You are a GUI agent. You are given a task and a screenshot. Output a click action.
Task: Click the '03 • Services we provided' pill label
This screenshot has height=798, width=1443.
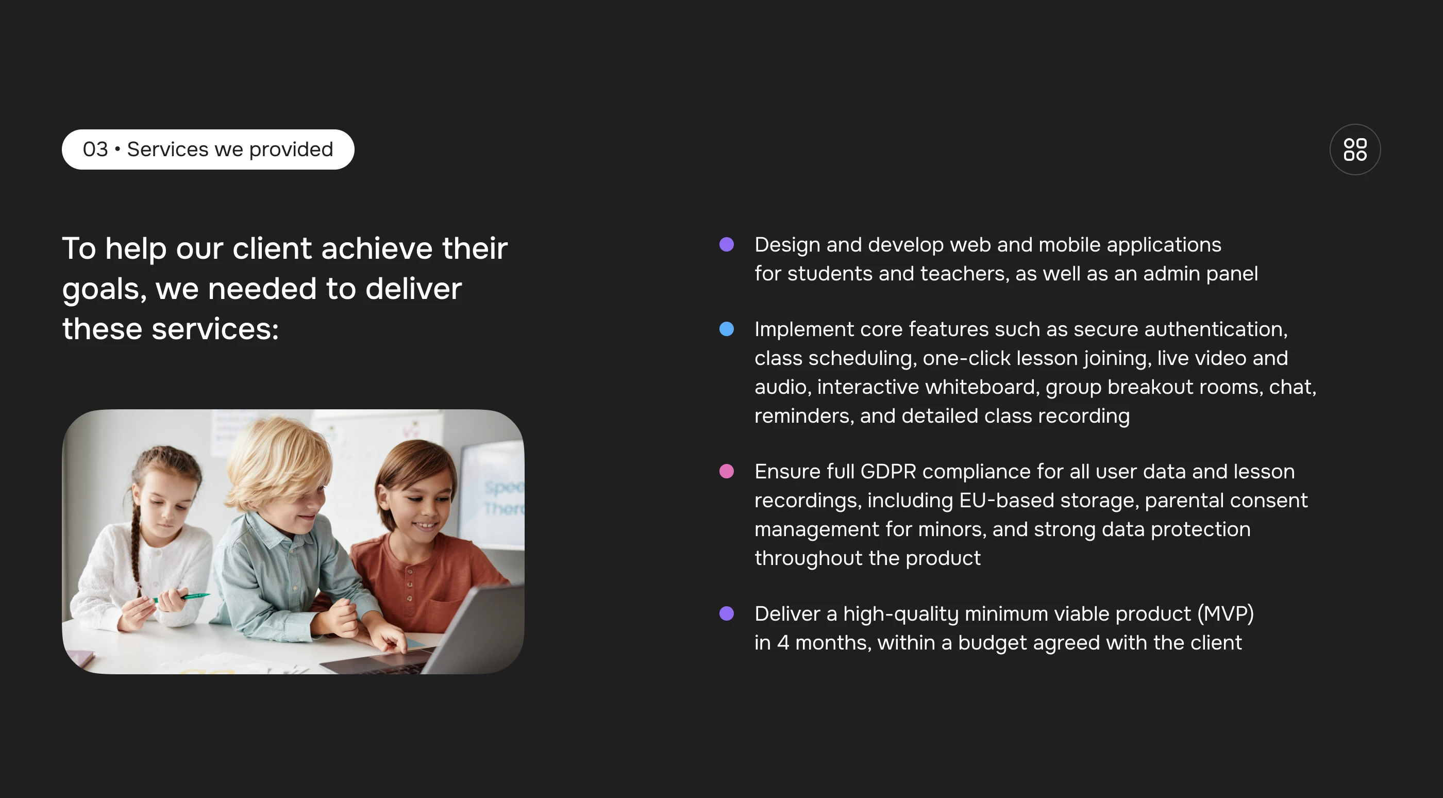click(208, 149)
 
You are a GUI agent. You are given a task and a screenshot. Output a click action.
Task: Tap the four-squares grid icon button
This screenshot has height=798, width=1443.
click(1355, 149)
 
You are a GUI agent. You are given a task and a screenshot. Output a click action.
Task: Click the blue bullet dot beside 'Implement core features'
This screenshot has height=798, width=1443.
click(727, 329)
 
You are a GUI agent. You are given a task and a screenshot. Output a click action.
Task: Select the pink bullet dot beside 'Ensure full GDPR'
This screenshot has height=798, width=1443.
click(727, 471)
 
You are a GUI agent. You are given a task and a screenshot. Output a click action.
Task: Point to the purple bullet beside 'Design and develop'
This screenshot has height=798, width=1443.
click(727, 244)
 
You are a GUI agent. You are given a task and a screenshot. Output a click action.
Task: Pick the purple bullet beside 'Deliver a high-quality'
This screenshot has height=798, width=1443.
click(727, 613)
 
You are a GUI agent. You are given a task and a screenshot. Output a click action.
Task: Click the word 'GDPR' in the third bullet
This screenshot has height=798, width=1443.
click(888, 472)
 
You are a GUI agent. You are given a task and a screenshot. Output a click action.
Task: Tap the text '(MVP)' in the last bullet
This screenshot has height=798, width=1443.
click(1226, 614)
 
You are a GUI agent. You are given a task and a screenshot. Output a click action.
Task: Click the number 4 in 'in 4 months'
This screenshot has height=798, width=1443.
click(783, 643)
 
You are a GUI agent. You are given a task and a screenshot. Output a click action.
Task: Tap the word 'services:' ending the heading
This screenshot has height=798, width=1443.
click(215, 329)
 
